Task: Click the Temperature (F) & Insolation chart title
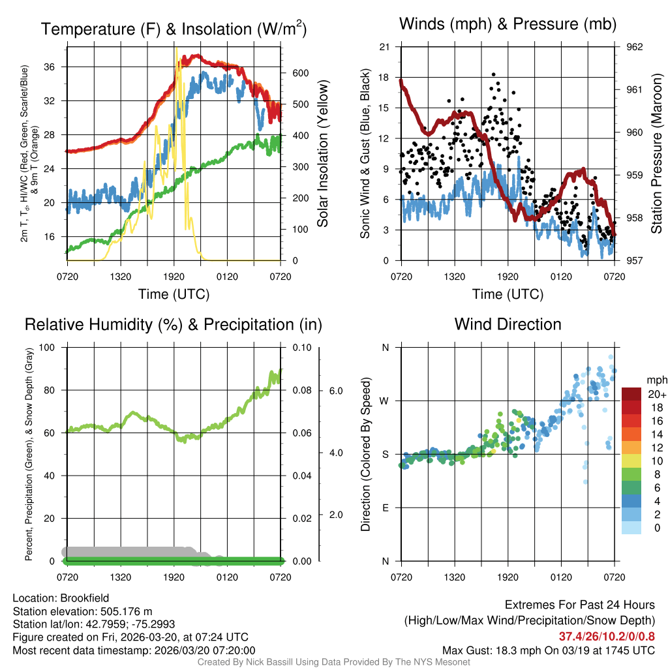pyautogui.click(x=174, y=29)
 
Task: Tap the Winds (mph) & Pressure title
pyautogui.click(x=508, y=24)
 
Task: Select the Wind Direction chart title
pyautogui.click(x=508, y=324)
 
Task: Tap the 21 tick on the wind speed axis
pyautogui.click(x=384, y=47)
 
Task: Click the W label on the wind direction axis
pyautogui.click(x=384, y=401)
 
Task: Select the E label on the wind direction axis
pyautogui.click(x=385, y=508)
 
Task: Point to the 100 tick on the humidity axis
pyautogui.click(x=48, y=347)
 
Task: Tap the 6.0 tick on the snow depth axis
pyautogui.click(x=335, y=391)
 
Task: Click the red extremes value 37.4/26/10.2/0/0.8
pyautogui.click(x=607, y=636)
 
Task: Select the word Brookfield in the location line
pyautogui.click(x=85, y=598)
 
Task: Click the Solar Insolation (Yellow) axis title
pyautogui.click(x=322, y=153)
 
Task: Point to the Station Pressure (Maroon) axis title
pyautogui.click(x=657, y=153)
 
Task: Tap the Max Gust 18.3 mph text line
pyautogui.click(x=548, y=650)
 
